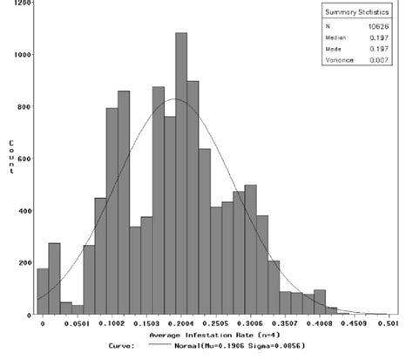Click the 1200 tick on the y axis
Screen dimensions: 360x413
[x=22, y=3]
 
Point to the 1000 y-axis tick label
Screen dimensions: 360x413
[x=22, y=55]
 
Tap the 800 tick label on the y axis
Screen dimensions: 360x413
[x=24, y=106]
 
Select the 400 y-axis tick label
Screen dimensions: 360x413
[x=24, y=210]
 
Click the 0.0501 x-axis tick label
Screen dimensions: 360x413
[x=78, y=323]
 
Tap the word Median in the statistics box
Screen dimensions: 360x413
[x=339, y=38]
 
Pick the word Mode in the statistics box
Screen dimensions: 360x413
[x=336, y=51]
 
